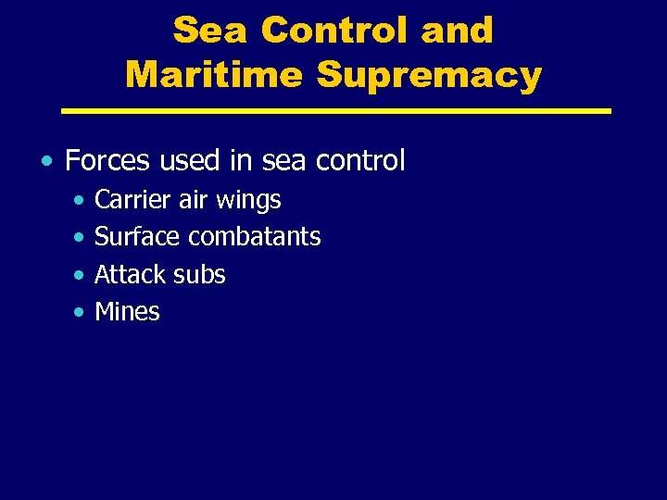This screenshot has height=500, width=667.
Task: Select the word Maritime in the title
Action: click(213, 74)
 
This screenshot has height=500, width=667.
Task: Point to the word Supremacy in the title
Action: click(429, 76)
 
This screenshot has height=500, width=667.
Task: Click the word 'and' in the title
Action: click(456, 31)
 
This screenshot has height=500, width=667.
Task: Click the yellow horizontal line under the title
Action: click(335, 111)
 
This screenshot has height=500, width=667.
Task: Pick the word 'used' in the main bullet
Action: click(188, 161)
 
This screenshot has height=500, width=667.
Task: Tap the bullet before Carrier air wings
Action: click(81, 201)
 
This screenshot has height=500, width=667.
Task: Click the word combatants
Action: click(255, 237)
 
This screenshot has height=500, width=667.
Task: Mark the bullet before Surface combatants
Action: click(81, 238)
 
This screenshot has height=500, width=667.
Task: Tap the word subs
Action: click(200, 274)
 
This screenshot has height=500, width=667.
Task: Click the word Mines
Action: click(127, 312)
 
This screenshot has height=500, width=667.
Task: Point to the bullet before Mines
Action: click(81, 313)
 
